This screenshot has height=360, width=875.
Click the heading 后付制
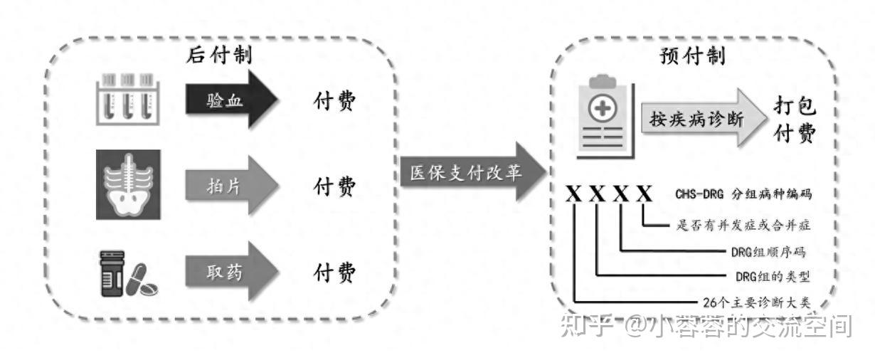pos(220,54)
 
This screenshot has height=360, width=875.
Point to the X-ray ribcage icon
pos(128,184)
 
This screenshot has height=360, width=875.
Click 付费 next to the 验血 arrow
pos(334,102)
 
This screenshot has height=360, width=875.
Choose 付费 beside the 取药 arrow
pos(334,272)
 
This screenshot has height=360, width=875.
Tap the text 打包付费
pos(795,120)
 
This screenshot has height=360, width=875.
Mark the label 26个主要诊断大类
pos(756,302)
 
